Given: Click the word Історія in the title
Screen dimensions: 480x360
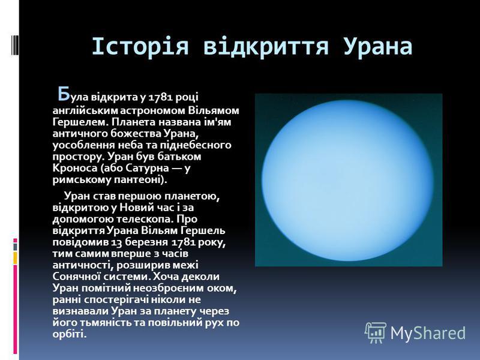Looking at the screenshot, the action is point(140,47).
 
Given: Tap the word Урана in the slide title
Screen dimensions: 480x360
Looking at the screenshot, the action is point(378,47).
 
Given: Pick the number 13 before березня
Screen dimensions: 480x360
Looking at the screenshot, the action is point(116,242).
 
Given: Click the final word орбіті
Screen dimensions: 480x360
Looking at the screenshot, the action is point(70,334).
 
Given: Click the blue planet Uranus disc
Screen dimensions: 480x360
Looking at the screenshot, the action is point(347,180).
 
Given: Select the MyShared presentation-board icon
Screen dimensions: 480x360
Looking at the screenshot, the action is point(376,332).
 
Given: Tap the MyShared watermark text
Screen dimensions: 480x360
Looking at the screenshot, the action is point(428,333).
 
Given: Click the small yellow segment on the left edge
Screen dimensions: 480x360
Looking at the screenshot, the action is point(15,258).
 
